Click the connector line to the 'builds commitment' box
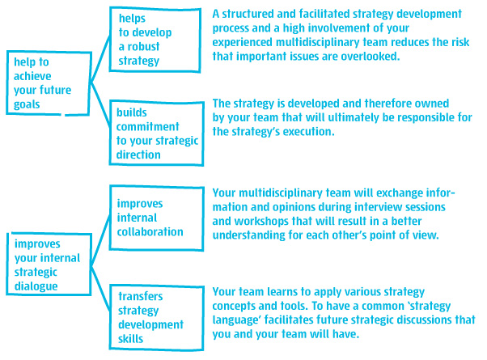(x=100, y=104)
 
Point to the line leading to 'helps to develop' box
(x=100, y=59)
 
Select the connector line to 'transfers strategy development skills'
(x=100, y=289)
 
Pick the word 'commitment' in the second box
(x=147, y=126)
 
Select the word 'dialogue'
(x=36, y=286)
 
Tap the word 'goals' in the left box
(x=27, y=104)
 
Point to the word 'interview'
(x=379, y=207)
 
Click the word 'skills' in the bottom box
(x=130, y=339)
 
